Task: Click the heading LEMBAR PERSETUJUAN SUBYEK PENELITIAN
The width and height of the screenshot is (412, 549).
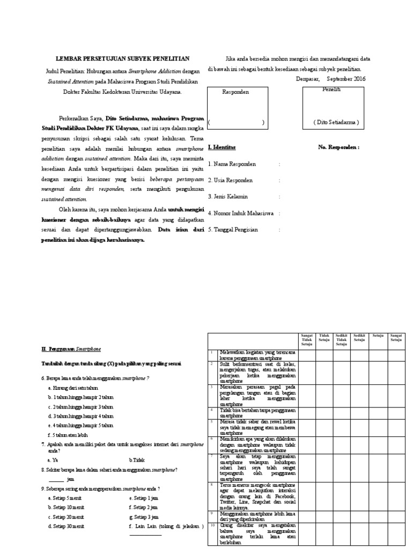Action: point(123,58)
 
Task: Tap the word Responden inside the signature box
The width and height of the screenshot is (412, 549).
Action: point(236,92)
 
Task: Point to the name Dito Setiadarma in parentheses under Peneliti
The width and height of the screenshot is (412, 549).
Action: point(336,123)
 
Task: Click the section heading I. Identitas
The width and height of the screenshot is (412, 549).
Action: point(222,147)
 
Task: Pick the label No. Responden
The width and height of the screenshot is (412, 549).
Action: point(339,147)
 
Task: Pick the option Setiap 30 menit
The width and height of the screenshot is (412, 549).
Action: point(66,526)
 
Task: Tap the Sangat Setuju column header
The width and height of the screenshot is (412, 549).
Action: point(396,337)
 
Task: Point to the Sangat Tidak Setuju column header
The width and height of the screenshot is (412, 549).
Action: point(307,339)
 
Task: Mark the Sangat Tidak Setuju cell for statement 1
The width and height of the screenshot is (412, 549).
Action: point(307,354)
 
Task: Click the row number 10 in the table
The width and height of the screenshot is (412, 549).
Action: point(212,525)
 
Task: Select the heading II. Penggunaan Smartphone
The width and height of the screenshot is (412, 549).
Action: point(71,349)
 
